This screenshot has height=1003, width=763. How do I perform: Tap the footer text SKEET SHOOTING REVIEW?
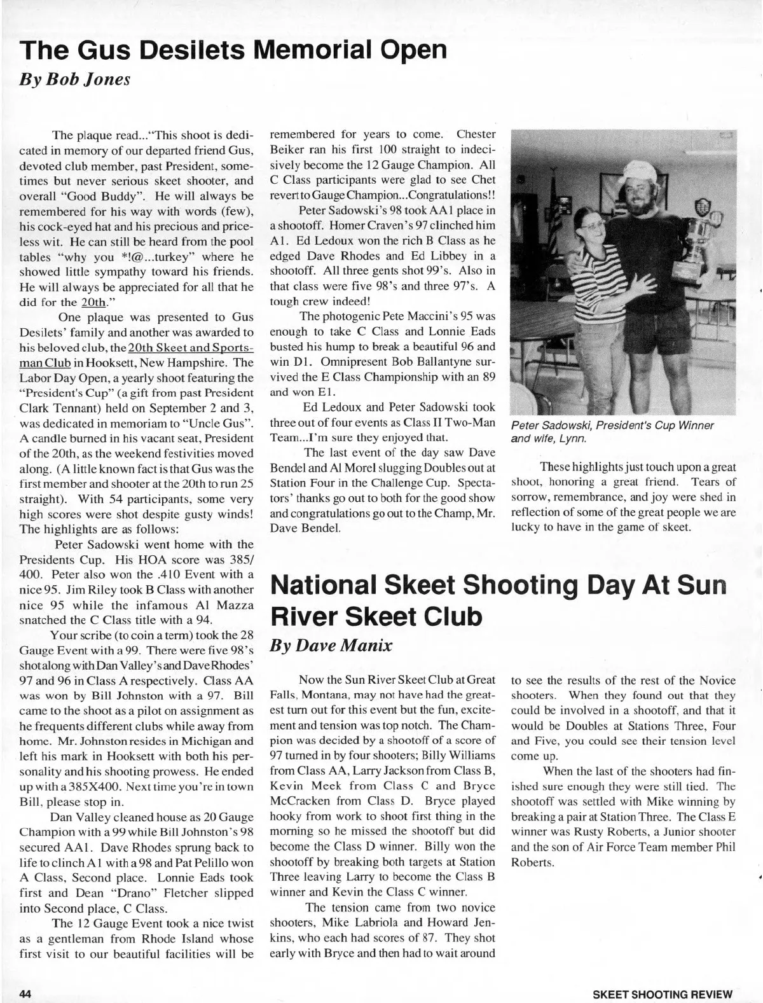pos(662,993)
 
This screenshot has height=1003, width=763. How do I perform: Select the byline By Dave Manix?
pos(331,646)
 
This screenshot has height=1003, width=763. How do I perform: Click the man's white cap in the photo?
pos(638,170)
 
